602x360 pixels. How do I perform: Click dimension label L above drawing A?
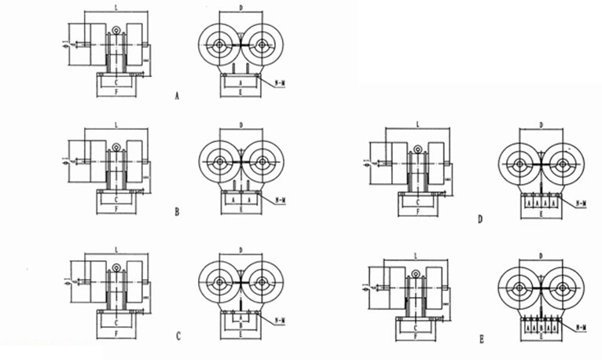coord(117,9)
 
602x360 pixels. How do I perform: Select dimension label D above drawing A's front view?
coord(240,9)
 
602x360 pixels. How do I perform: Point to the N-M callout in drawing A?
coord(281,81)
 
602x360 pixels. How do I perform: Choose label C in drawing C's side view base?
coord(117,322)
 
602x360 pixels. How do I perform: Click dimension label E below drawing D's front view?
coord(541,215)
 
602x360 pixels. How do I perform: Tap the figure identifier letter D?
coord(480,219)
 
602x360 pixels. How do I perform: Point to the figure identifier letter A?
coord(178,96)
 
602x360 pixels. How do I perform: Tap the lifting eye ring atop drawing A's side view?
coord(117,31)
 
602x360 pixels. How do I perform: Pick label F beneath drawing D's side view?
coord(417,212)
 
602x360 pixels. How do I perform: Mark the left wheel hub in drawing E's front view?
coord(520,283)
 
